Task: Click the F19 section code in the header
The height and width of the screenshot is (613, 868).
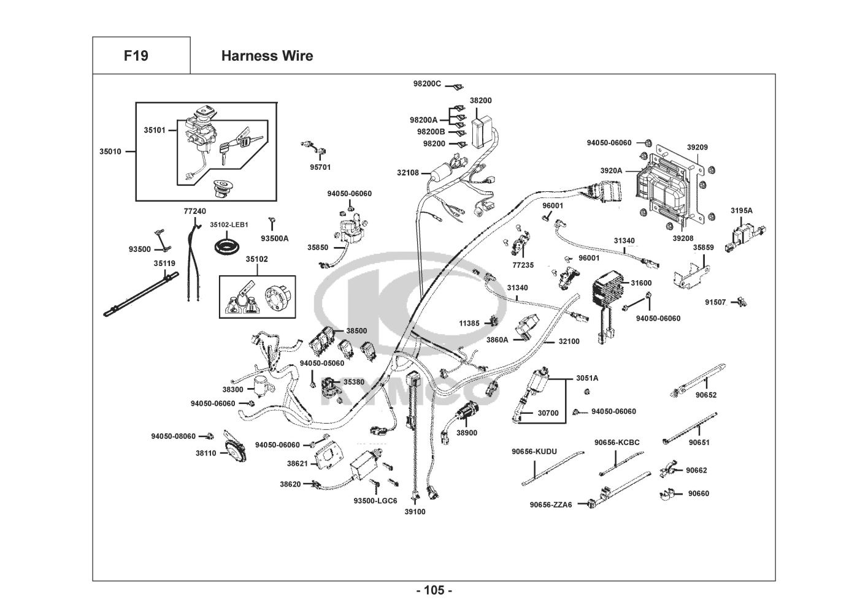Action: (136, 56)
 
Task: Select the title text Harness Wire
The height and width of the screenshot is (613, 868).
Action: (267, 56)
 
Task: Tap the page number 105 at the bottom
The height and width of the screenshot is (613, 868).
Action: (434, 591)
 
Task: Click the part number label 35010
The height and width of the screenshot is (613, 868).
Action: (110, 151)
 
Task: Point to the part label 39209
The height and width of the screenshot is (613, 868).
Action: (697, 147)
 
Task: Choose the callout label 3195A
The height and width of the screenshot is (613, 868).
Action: (741, 211)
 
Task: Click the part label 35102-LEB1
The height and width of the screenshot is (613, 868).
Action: (229, 225)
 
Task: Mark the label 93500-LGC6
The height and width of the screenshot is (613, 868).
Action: (375, 501)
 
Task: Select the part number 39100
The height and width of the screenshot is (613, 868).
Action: (415, 512)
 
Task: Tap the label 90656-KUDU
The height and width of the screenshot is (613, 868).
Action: (534, 452)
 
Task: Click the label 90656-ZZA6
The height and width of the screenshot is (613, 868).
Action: (551, 504)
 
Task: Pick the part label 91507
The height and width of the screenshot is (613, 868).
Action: (715, 302)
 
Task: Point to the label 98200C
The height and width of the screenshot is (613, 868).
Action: (426, 83)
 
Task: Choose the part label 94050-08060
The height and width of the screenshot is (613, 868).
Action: (174, 436)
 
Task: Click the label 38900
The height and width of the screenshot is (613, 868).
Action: (466, 433)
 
